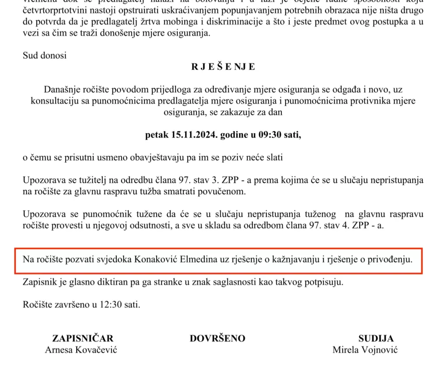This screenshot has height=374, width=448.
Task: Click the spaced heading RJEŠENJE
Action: click(223, 67)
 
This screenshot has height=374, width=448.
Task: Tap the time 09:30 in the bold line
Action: click(266, 135)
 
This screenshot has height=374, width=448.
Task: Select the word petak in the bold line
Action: click(156, 135)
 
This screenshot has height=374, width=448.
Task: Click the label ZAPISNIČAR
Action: click(83, 338)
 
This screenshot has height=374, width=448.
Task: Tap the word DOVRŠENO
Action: click(217, 338)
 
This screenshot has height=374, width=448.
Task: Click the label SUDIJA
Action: click(376, 338)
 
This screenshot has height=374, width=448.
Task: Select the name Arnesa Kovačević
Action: click(81, 350)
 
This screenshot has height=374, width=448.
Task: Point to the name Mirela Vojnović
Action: click(365, 350)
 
